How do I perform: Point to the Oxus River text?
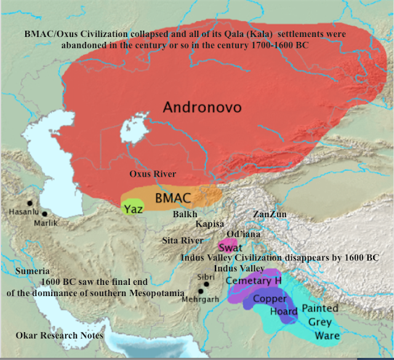click(x=153, y=174)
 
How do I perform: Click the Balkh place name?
click(x=185, y=214)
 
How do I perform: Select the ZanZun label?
click(x=270, y=214)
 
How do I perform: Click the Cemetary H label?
click(x=253, y=281)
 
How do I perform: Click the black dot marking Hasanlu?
click(x=29, y=202)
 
